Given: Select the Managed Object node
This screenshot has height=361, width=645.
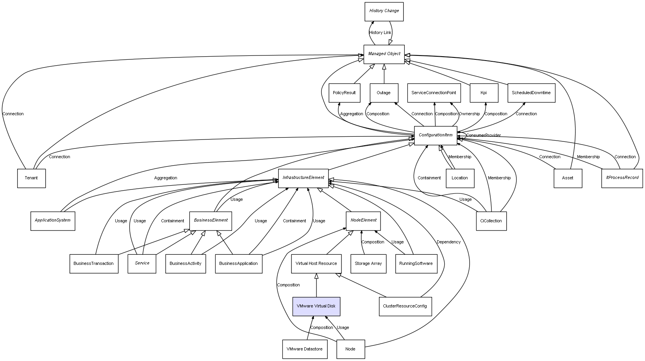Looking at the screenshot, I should pos(384,54).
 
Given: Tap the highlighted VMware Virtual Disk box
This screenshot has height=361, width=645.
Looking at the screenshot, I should pos(316,306).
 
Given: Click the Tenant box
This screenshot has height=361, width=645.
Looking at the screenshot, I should pos(31,178).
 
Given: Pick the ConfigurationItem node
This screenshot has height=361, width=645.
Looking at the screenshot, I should pos(435,136).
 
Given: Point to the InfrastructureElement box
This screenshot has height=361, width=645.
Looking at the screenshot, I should pos(303,178).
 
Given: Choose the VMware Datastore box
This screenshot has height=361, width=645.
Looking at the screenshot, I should pos(304,349).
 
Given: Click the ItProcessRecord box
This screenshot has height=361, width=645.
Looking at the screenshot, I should pos(622,178).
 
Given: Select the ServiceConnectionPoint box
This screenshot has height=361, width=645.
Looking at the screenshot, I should pos(434,93).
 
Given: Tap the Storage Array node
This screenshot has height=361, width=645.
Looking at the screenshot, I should pos(368,264).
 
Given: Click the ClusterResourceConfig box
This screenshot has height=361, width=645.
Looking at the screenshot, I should pos(405,306).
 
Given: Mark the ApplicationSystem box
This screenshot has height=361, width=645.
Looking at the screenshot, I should pos(52,221).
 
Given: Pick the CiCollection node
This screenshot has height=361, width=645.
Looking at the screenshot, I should pos(491,221).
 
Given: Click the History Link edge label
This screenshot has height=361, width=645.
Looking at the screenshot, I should pos(380,33).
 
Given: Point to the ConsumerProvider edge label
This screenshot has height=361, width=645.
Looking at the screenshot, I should pos(483,136).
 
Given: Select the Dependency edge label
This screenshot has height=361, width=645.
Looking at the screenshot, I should pos(448,242).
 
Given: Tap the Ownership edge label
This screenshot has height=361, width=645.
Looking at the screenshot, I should pos(469,114).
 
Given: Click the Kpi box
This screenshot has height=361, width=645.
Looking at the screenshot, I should pos(484,93).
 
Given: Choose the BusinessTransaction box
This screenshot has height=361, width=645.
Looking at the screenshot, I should pos(94,264).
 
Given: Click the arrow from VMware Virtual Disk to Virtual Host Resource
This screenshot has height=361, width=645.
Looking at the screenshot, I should pos(316,285).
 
